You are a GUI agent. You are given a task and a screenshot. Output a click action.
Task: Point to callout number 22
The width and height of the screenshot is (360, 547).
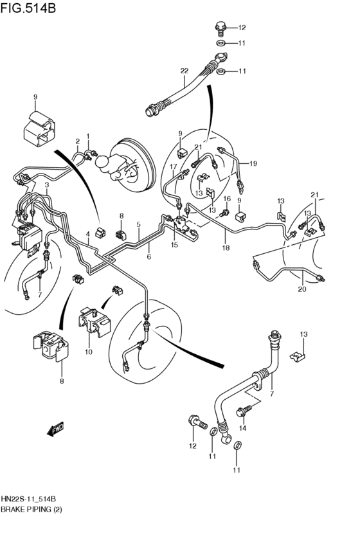[x=184, y=71]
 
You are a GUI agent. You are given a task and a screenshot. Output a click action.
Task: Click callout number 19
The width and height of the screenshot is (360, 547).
[x=253, y=163]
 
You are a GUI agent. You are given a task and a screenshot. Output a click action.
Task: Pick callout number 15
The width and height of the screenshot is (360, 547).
[x=174, y=245]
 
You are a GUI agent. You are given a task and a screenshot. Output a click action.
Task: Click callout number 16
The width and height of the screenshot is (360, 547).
[x=226, y=199]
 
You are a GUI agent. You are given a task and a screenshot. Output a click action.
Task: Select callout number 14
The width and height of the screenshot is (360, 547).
[x=242, y=428]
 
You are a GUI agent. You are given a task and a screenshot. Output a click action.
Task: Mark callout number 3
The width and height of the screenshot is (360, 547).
[x=46, y=184]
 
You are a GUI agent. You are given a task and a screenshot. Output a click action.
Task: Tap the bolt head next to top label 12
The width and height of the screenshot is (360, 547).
[x=221, y=27]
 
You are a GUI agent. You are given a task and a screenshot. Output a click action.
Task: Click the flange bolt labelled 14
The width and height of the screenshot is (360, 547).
[x=245, y=409]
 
